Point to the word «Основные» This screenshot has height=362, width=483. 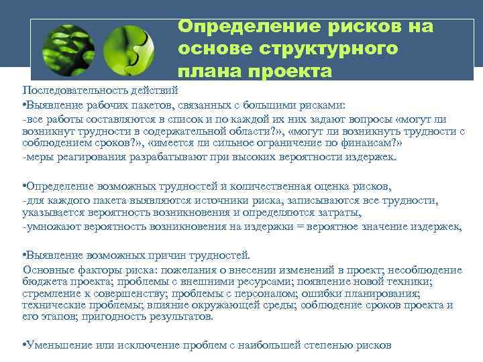pos(46,269)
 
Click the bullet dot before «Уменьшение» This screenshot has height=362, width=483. pos(24,346)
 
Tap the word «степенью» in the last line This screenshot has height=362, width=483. pos(330,346)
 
